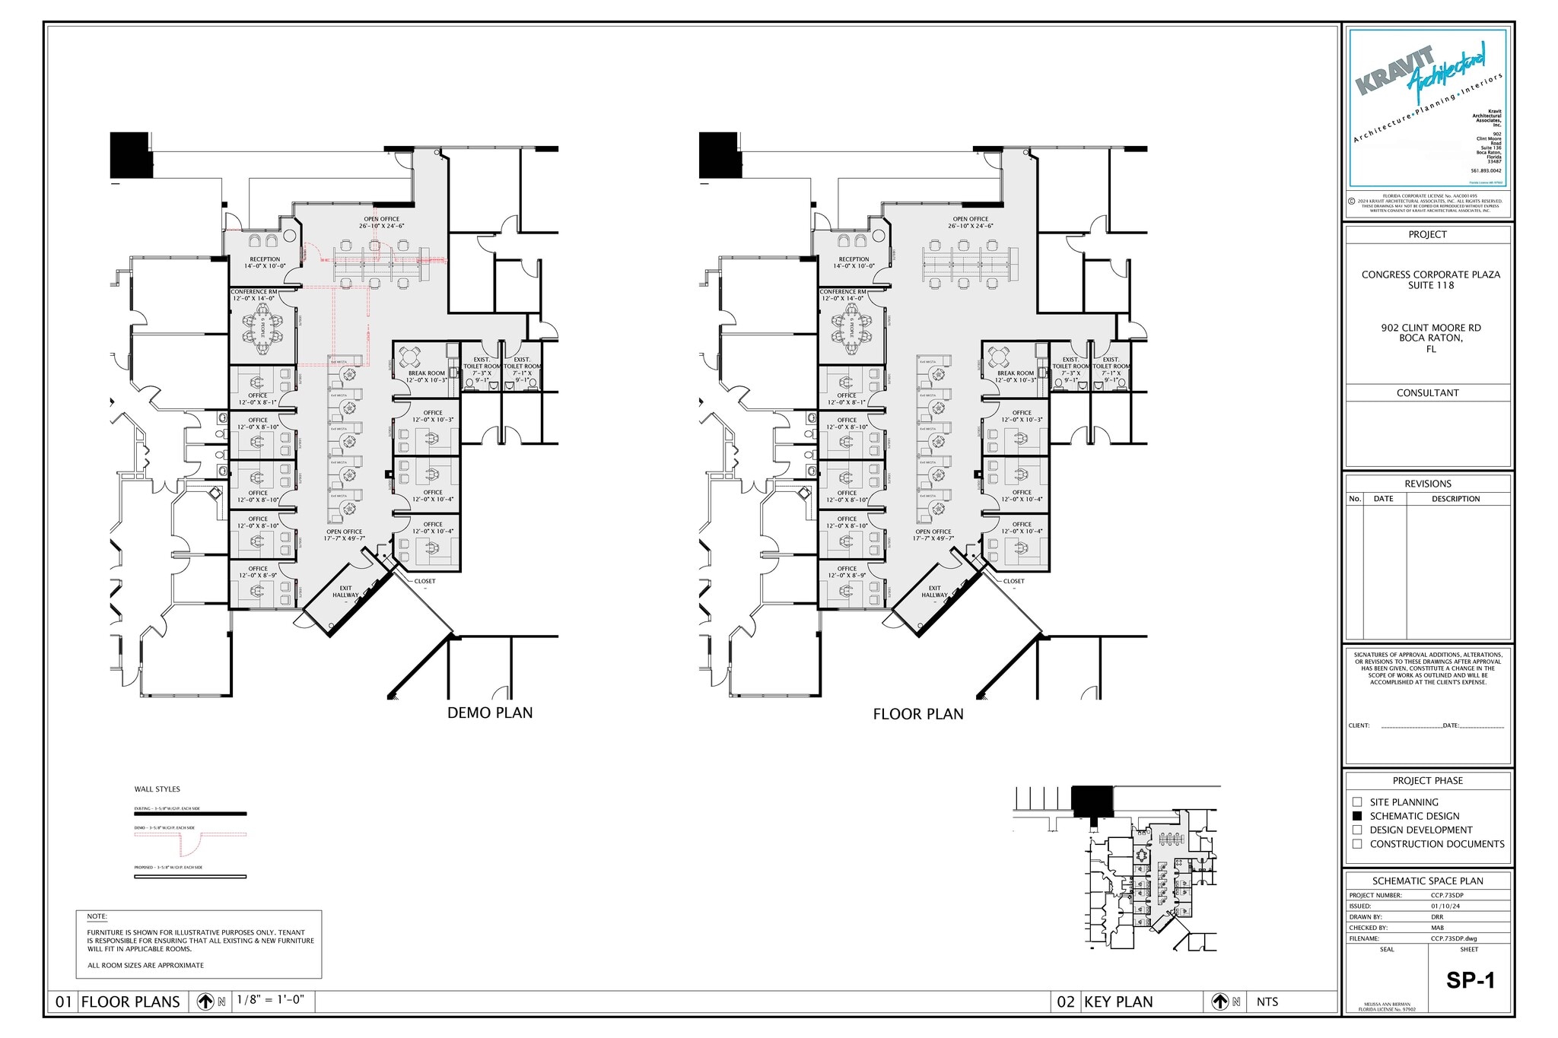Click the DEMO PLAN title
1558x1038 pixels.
pyautogui.click(x=490, y=713)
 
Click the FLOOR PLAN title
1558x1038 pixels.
pyautogui.click(x=917, y=714)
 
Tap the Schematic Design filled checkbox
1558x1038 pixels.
pyautogui.click(x=1357, y=816)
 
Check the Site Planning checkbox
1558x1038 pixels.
pyautogui.click(x=1357, y=802)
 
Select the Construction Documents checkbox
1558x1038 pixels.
pyautogui.click(x=1357, y=844)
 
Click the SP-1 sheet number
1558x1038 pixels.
pyautogui.click(x=1470, y=980)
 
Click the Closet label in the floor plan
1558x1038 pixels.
pyautogui.click(x=1013, y=581)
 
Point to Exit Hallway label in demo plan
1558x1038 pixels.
pyautogui.click(x=345, y=592)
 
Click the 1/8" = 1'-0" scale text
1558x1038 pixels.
pyautogui.click(x=270, y=1000)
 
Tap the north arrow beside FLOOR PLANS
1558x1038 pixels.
pyautogui.click(x=205, y=1001)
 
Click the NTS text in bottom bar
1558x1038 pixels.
pyautogui.click(x=1267, y=1001)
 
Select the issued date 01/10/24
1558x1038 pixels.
pyautogui.click(x=1445, y=906)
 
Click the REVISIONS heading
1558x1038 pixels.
pyautogui.click(x=1427, y=484)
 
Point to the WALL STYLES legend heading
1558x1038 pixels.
pyautogui.click(x=157, y=789)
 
